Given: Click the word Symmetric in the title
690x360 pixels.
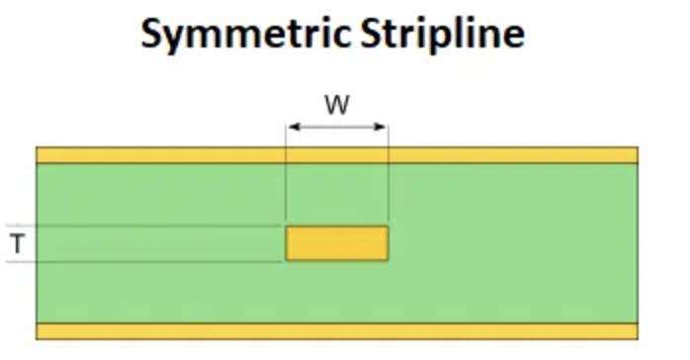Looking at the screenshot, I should click(242, 34).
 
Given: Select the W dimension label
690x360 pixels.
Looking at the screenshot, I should click(337, 105).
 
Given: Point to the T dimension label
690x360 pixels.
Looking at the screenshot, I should click(17, 243).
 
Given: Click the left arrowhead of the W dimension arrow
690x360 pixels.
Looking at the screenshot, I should click(291, 127).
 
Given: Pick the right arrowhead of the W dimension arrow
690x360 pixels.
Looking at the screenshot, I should click(384, 127).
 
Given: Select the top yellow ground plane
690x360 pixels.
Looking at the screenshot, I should click(336, 155).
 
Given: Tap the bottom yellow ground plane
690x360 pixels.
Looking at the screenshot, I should click(336, 331).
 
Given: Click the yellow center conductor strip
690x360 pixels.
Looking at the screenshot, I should click(337, 243).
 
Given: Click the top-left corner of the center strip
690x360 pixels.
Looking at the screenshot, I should click(287, 227).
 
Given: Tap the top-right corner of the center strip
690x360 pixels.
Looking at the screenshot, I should click(388, 227).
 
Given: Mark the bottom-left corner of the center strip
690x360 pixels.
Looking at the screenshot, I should click(287, 260).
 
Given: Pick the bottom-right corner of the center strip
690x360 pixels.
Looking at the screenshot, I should click(388, 260).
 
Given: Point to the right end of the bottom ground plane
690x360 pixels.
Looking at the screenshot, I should click(635, 331).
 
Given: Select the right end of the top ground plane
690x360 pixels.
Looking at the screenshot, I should click(635, 155).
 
